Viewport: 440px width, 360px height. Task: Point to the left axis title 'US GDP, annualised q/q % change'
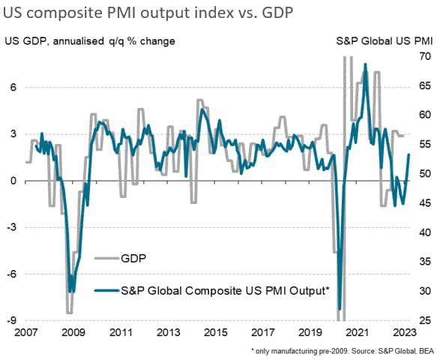(90, 40)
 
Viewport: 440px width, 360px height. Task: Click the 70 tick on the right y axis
(425, 57)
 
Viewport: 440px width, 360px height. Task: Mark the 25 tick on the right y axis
(425, 321)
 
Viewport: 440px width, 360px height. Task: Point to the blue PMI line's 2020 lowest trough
(340, 308)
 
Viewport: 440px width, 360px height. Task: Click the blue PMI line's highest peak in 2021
(365, 64)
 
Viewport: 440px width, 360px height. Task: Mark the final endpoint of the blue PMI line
(409, 154)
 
